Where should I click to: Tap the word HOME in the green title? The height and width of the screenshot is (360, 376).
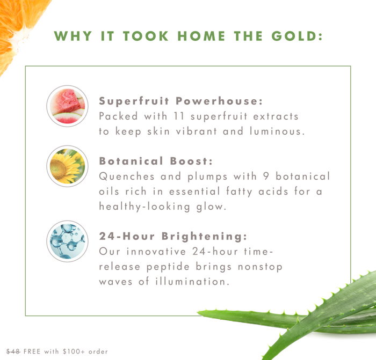[201, 36]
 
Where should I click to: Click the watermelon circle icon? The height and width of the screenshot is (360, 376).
[67, 106]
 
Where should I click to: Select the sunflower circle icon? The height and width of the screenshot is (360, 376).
[67, 166]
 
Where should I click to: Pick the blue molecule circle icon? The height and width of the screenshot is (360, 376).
[67, 241]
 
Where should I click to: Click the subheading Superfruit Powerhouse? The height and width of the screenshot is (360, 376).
[181, 101]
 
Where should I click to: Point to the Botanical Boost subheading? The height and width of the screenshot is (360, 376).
[156, 161]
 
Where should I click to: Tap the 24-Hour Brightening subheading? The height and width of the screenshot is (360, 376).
[173, 236]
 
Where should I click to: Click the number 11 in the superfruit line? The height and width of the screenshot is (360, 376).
[179, 116]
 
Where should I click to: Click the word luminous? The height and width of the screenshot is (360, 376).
[277, 131]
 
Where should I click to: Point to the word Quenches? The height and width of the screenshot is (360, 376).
[127, 177]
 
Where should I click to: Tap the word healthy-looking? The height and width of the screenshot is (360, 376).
[144, 207]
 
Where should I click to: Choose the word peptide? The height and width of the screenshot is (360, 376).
[168, 267]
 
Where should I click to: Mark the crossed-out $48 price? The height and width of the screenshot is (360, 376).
[13, 351]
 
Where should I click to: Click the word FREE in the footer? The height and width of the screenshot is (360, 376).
[32, 351]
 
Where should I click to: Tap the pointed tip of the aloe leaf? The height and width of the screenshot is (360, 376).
[197, 312]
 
